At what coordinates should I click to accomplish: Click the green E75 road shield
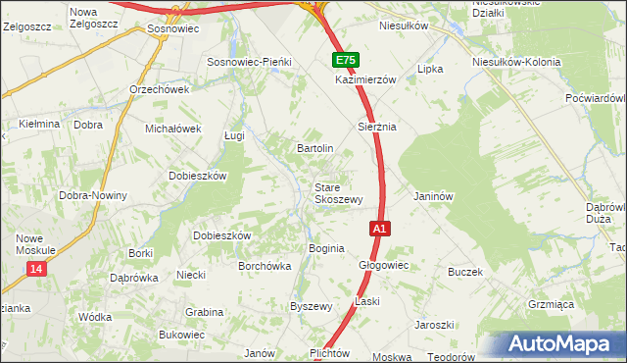345,60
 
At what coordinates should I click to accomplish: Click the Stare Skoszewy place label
338,192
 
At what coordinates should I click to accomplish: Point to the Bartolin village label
315,148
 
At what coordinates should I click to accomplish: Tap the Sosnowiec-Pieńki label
249,62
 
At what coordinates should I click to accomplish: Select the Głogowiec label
383,265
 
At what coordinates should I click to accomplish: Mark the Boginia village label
326,248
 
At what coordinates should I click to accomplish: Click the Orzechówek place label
159,88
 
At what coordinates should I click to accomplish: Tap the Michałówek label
172,129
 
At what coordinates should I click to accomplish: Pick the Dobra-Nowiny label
93,195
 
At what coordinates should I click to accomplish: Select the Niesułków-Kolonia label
516,62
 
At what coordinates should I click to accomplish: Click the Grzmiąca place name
551,304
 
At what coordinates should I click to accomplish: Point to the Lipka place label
431,70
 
